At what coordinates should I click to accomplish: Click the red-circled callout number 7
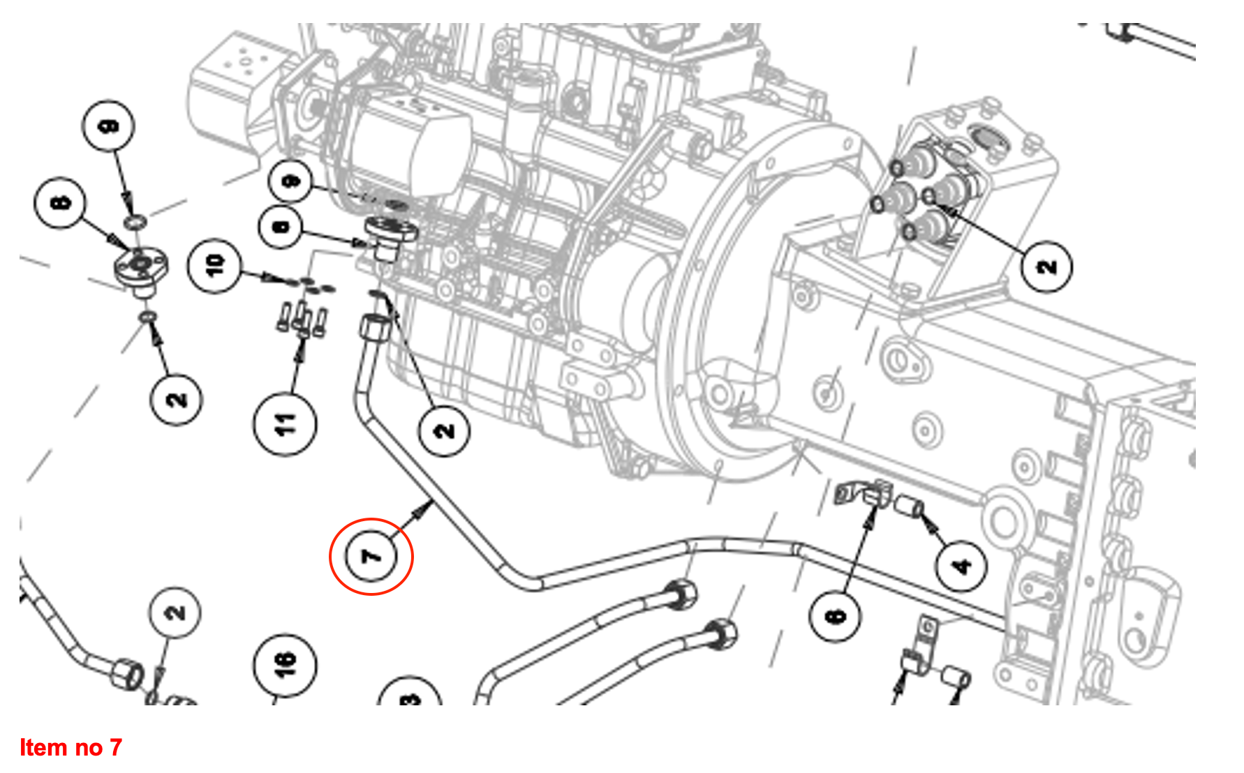371,556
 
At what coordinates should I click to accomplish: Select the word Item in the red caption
43,748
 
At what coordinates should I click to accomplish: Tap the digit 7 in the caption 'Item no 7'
116,748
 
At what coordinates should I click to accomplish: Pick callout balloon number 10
214,264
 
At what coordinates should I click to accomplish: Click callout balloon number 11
285,424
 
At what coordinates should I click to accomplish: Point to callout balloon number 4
961,564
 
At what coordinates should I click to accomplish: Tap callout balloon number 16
284,664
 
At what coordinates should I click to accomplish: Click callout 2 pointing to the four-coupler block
1046,267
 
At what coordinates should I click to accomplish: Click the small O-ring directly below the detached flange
147,317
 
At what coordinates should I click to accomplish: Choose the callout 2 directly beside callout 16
175,612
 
